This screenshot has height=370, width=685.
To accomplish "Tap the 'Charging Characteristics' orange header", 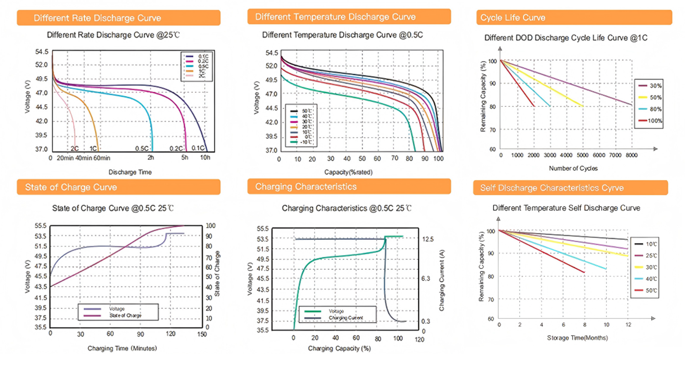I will [349, 186].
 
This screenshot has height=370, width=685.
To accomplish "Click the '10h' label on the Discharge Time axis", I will [205, 158].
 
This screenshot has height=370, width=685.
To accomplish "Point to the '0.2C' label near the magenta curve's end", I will [176, 148].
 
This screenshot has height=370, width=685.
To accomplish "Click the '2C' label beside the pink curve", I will [75, 148].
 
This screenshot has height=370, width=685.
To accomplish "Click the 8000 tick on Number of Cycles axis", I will [632, 155].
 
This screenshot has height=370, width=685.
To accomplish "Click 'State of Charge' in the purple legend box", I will [125, 316].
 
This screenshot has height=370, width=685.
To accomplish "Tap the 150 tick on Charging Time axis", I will [201, 333].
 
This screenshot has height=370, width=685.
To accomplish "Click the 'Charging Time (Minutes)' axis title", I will [122, 348].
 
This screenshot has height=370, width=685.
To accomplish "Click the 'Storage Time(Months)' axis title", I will [577, 338].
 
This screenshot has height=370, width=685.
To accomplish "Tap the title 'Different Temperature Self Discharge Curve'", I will [566, 208].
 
